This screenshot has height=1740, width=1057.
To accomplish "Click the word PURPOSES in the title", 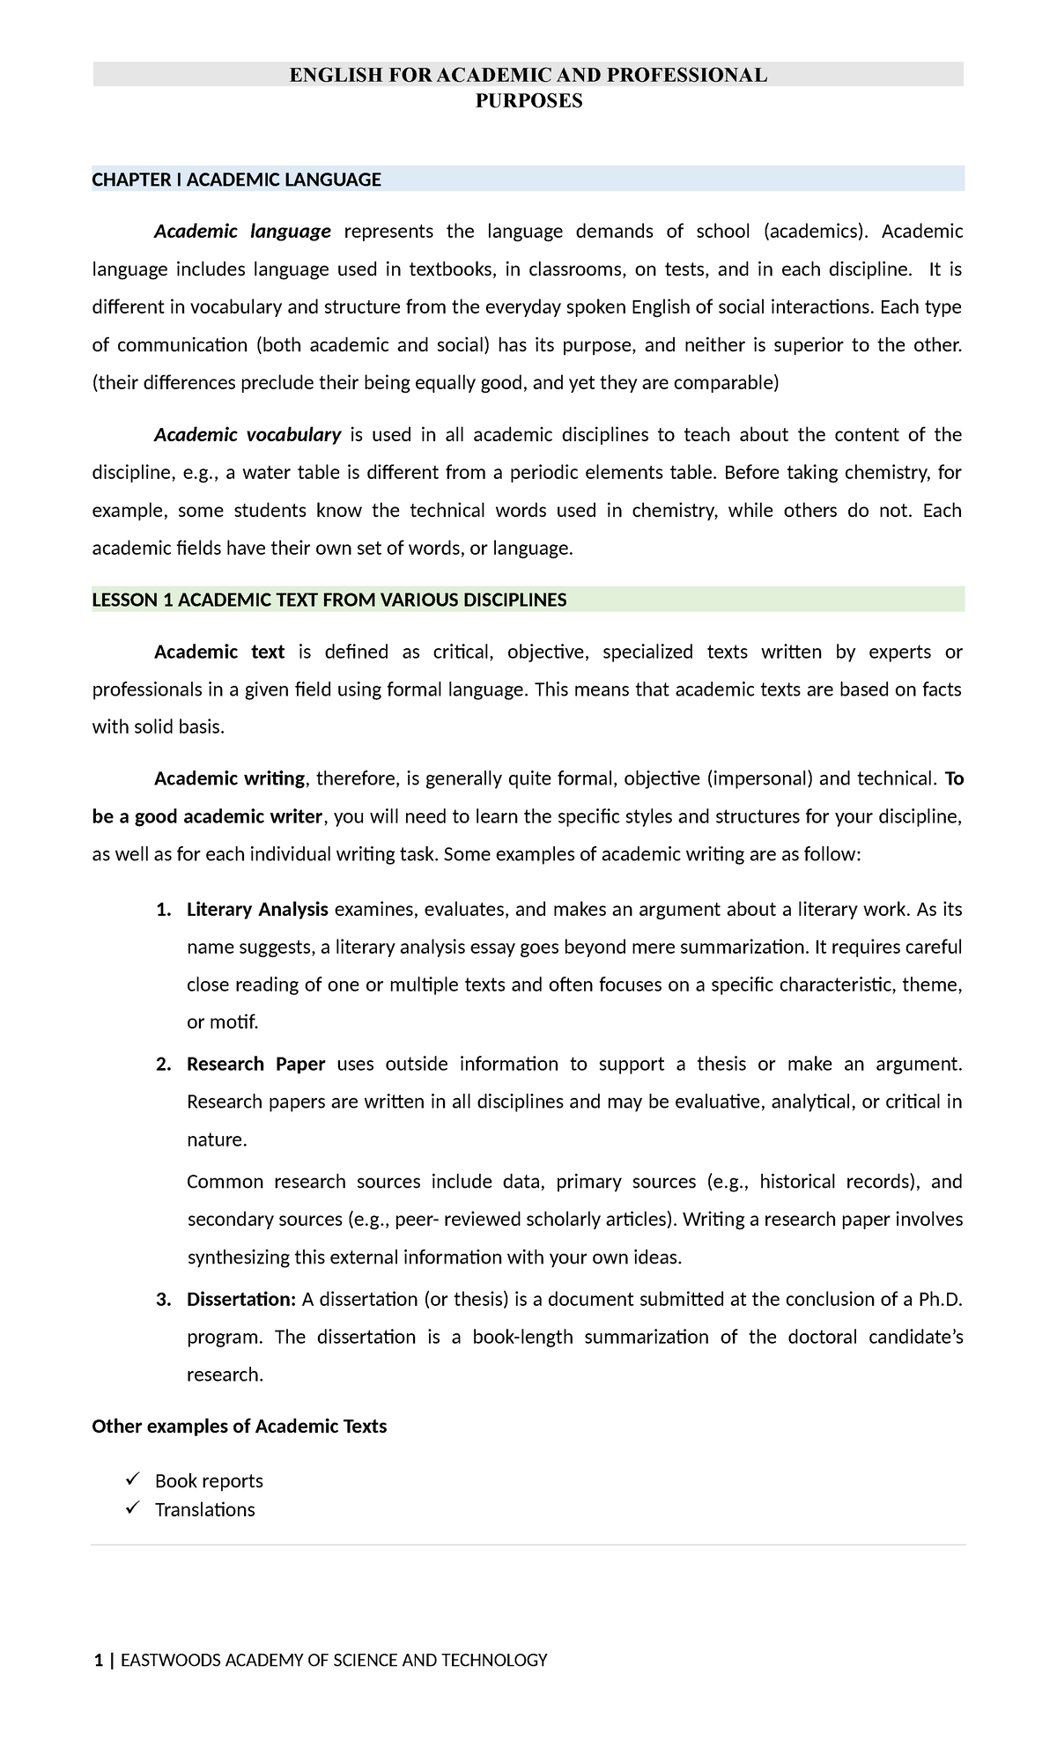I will pyautogui.click(x=528, y=101).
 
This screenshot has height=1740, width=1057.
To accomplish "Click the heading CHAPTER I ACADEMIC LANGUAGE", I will pyautogui.click(x=236, y=181).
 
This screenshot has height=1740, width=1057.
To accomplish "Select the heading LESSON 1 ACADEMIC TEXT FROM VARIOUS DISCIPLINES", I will pyautogui.click(x=329, y=601).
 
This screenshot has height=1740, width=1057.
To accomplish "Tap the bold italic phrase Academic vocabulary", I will pyautogui.click(x=248, y=435).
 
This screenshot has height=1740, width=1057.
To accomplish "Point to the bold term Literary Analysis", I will pyautogui.click(x=257, y=910).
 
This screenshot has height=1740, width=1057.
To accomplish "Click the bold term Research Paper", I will pyautogui.click(x=255, y=1065).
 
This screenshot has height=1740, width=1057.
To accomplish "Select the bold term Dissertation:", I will pyautogui.click(x=240, y=1300).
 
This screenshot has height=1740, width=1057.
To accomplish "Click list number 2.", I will pyautogui.click(x=162, y=1065).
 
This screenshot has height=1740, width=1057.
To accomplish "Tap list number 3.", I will pyautogui.click(x=162, y=1300).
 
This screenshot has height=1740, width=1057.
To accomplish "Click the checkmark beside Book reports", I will pyautogui.click(x=132, y=1479).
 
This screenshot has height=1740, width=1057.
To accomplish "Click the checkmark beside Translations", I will pyautogui.click(x=132, y=1508).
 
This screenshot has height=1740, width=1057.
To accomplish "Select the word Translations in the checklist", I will pyautogui.click(x=204, y=1510).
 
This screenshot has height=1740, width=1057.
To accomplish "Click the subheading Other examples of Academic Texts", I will pyautogui.click(x=239, y=1427).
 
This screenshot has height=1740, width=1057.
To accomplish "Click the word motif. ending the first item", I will pyautogui.click(x=234, y=1023).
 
